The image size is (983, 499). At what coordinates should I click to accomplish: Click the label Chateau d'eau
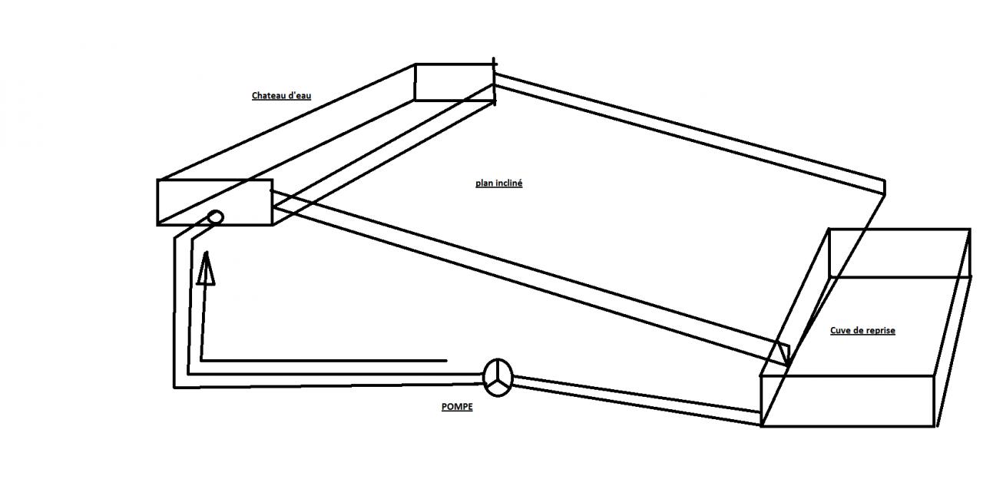pos(282,96)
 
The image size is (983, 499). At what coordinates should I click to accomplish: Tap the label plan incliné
pos(498,183)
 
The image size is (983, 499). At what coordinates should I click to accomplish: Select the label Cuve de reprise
pos(862,331)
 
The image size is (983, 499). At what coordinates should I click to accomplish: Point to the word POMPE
pos(457,408)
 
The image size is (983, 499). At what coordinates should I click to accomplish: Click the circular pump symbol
pos(499,377)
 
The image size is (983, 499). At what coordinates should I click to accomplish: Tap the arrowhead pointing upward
pos(205,269)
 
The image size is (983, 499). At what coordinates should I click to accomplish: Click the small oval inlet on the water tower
pos(216,218)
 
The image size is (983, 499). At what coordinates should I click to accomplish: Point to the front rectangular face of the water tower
pos(215,202)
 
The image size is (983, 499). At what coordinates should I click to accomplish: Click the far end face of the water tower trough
pos(454,82)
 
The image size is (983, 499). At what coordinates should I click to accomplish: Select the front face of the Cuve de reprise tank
pos(848,401)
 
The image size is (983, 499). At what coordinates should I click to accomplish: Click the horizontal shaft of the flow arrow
pos(323,360)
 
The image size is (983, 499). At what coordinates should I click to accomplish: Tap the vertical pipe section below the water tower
pos(181,307)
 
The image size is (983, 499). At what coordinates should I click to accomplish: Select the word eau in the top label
pos(304,96)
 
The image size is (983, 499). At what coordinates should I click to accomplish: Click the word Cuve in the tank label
pos(839,331)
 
